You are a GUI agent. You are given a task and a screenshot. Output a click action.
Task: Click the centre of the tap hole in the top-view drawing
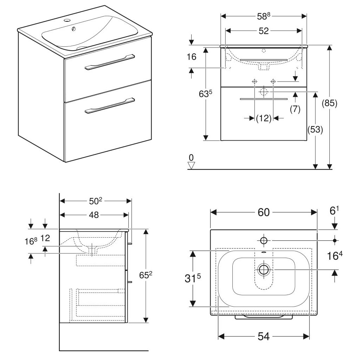(x=264, y=240)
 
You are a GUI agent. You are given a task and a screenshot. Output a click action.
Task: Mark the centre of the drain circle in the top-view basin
(x=264, y=269)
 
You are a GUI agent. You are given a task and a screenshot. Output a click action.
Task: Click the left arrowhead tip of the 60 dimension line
(x=211, y=212)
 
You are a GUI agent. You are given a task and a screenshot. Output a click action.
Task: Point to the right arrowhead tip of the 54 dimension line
(x=309, y=336)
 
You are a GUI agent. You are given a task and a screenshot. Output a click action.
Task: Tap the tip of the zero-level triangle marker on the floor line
(x=191, y=169)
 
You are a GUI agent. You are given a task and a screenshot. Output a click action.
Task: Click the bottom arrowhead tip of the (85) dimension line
(x=329, y=169)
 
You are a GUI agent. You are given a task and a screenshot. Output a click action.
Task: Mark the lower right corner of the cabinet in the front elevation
(x=307, y=140)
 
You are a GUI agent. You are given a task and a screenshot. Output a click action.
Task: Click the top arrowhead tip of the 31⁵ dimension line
(x=193, y=251)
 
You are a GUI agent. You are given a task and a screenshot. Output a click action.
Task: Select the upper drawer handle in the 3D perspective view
(x=110, y=62)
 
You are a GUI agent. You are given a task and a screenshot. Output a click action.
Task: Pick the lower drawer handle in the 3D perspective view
(x=110, y=106)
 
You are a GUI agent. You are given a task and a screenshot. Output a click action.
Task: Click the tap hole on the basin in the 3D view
(x=67, y=20)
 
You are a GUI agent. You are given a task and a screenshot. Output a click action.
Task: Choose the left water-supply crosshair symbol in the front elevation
(x=255, y=81)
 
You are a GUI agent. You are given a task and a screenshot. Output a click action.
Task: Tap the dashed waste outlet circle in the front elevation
(x=264, y=92)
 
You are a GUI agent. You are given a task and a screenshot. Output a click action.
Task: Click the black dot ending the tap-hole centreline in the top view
(x=335, y=240)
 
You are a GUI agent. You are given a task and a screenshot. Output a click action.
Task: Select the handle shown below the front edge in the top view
(x=264, y=317)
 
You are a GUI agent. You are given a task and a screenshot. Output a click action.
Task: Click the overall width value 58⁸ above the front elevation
(x=264, y=16)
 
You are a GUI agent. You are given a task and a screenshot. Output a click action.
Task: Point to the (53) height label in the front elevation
(x=315, y=130)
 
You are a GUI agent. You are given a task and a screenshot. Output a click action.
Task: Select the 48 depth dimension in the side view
(x=94, y=215)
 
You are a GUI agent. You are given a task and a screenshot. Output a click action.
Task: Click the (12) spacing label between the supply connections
(x=264, y=118)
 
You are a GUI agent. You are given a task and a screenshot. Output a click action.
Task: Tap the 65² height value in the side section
(x=146, y=275)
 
